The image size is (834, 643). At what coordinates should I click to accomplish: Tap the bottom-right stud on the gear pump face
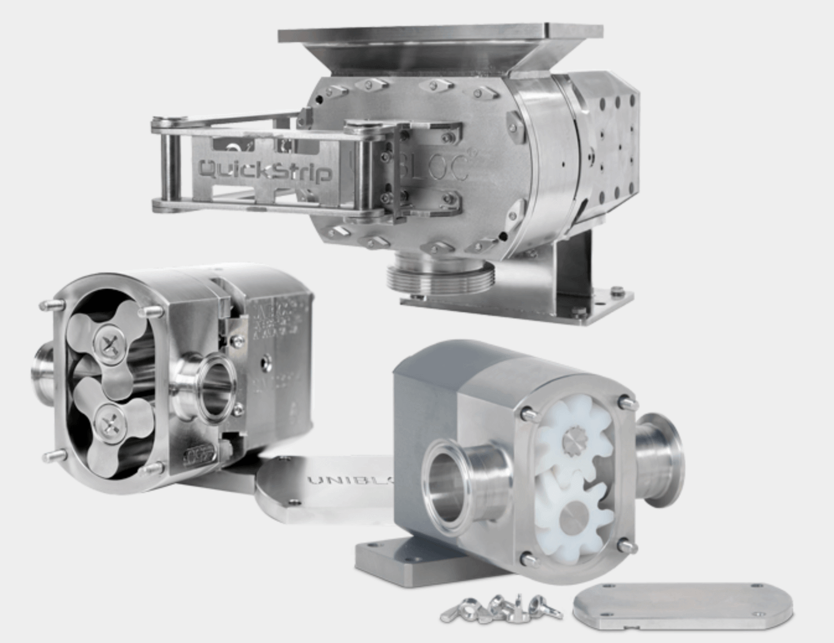[627, 546]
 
